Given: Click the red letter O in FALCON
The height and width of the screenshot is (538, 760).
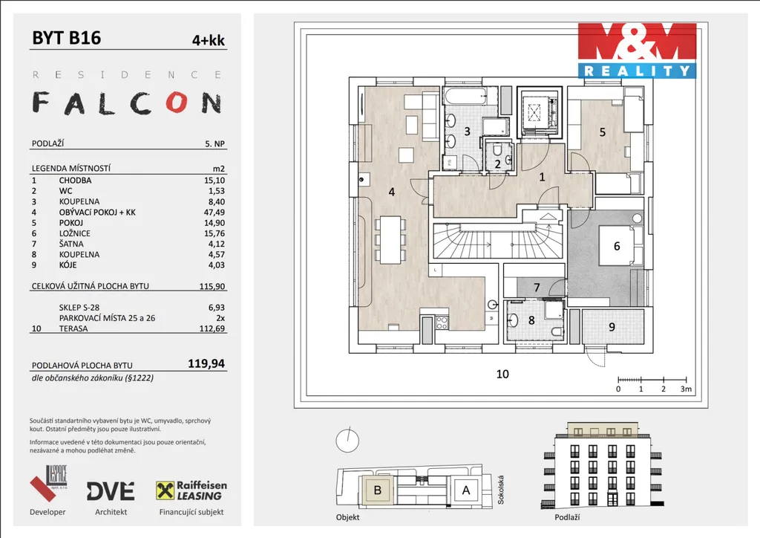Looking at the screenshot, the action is click(x=177, y=103).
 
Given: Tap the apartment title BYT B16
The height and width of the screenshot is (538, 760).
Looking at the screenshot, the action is click(x=66, y=38).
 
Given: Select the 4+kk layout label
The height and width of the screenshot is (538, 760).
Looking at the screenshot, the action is click(x=209, y=40).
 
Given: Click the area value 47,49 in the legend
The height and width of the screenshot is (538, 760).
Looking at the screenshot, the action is click(x=214, y=212).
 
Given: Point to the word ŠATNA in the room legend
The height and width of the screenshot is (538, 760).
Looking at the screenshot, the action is click(x=71, y=244).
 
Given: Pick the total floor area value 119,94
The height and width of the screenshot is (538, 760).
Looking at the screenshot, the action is click(x=206, y=363).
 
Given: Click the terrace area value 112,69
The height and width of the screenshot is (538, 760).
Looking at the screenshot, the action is click(x=212, y=328).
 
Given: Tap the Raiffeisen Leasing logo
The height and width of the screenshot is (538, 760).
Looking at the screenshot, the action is click(x=191, y=490).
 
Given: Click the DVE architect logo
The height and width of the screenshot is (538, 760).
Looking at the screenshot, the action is click(x=111, y=491).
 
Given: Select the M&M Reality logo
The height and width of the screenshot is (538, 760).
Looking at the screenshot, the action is click(x=637, y=51).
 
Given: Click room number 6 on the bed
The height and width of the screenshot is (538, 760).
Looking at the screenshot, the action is click(x=617, y=246).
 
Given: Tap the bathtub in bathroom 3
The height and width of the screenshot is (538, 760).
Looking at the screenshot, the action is click(x=466, y=96).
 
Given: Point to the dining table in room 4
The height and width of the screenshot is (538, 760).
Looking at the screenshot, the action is click(x=390, y=240).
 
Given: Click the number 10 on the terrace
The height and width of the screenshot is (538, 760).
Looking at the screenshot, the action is click(x=502, y=374).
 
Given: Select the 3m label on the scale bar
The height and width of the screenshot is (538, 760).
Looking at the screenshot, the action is click(x=686, y=389).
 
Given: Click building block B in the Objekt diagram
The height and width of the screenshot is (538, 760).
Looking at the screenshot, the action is click(x=377, y=490).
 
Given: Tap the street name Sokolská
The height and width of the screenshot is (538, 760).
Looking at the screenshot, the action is click(x=501, y=490).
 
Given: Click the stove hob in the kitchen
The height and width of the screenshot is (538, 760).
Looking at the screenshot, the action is click(x=442, y=323).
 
